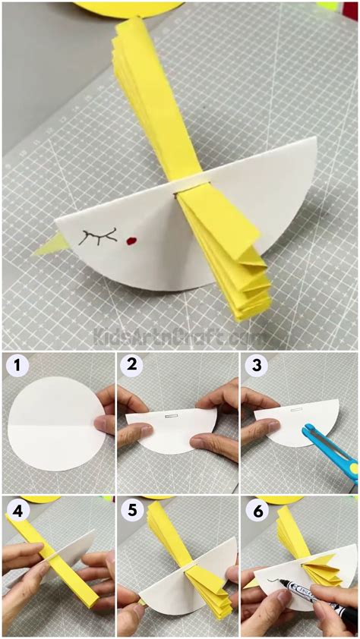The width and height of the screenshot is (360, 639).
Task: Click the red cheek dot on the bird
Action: (131, 243)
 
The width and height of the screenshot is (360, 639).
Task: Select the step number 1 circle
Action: (17, 367)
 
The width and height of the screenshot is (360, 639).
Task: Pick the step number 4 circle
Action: (17, 510)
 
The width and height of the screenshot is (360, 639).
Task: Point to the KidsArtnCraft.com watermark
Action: (179, 334)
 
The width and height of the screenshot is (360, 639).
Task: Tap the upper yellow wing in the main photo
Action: (156, 99)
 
